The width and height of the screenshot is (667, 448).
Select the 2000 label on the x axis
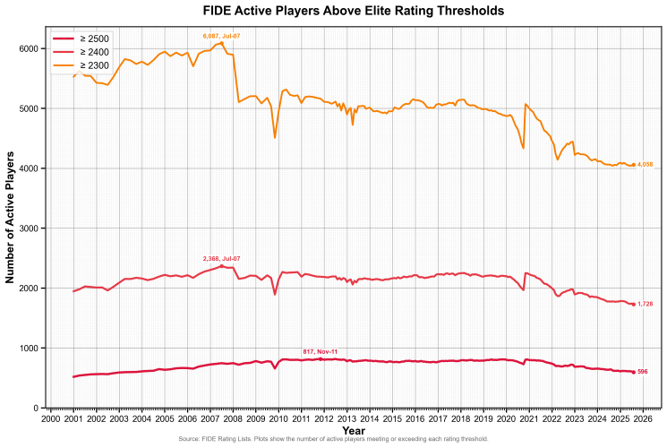pos(51,418)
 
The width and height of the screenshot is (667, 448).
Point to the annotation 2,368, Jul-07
pos(221,258)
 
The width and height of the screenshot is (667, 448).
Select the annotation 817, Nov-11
pos(320,351)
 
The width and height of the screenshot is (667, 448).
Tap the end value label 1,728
pos(645,305)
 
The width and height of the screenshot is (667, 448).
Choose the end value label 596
pos(642,372)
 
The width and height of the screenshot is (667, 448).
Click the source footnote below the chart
pos(333,439)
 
